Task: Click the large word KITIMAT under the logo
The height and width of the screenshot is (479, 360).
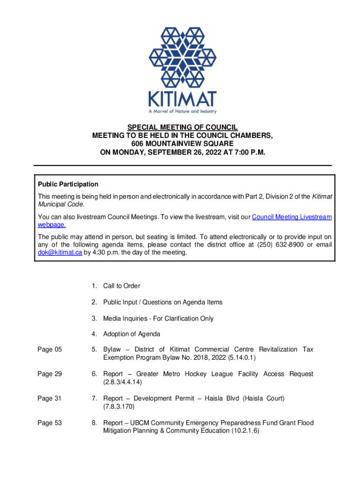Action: pos(182,99)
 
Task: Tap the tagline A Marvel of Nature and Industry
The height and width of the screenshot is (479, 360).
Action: pos(182,111)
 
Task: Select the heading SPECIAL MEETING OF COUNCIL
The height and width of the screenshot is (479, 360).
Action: pos(183,127)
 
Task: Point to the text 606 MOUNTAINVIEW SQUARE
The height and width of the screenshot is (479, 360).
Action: pos(183,144)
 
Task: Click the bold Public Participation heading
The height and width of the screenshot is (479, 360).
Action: pos(68,184)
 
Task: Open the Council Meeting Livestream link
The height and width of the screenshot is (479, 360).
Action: pos(292,217)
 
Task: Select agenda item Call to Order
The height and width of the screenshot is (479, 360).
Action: pos(122,286)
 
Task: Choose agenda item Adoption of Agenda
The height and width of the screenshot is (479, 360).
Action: pos(131,334)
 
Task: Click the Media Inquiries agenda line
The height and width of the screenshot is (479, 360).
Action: pos(158,319)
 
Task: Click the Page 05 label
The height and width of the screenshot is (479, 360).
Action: pos(50,349)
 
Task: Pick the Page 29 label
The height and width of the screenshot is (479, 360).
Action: pos(50,374)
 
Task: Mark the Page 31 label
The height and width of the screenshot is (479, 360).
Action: pos(50,399)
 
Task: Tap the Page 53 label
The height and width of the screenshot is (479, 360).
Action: pos(50,423)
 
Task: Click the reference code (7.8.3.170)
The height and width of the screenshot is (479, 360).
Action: pos(119,407)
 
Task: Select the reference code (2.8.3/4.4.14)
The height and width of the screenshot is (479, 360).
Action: pos(122,382)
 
